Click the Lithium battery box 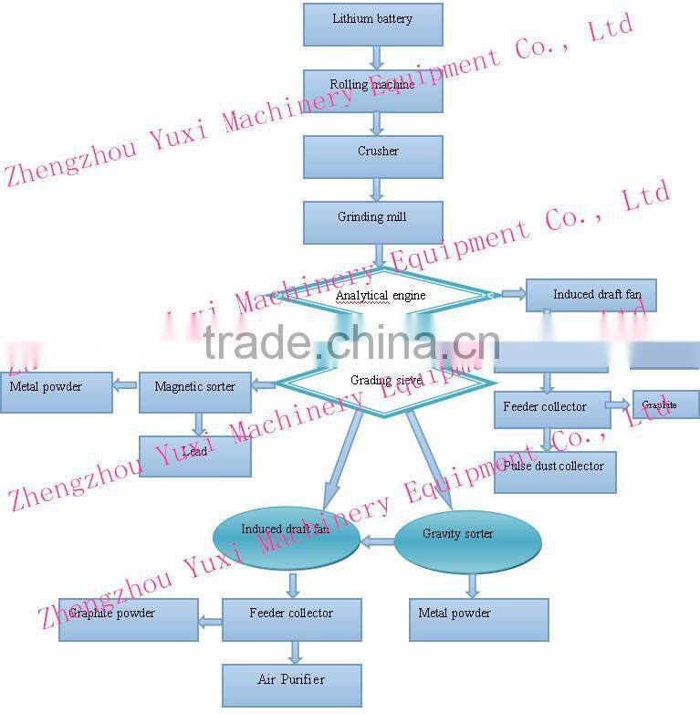372,24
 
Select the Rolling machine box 372,90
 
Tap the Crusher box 372,156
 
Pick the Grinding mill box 372,222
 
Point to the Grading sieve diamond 383,381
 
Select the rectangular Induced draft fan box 590,295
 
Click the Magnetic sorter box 194,392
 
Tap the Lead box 194,456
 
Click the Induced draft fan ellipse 286,539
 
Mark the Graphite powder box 128,619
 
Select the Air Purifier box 291,685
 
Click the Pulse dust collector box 554,472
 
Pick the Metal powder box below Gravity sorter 477,619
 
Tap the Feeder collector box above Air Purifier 291,619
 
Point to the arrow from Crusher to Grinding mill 375,189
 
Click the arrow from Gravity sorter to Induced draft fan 377,541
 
